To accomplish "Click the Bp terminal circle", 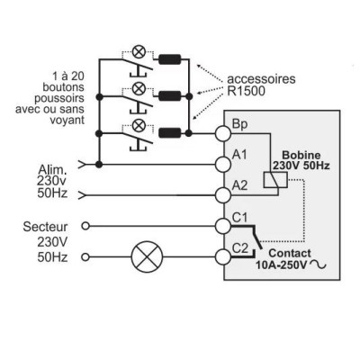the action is [223, 133].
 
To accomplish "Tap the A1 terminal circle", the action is [223, 165].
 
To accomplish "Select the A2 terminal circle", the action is [223, 195].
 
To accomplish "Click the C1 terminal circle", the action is [223, 226].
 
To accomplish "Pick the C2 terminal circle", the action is [223, 256].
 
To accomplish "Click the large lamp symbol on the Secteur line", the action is [147, 256].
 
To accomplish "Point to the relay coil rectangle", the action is [275, 180].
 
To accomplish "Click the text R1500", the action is [246, 91].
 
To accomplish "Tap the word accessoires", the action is [261, 79].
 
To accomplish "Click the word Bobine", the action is [301, 155].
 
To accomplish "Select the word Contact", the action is [290, 253].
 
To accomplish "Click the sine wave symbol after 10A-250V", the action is [318, 265].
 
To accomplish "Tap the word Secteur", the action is [45, 227].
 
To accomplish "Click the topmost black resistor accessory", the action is [169, 59].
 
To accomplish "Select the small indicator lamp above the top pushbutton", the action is [139, 51].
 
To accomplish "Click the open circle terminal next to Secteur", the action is [85, 226].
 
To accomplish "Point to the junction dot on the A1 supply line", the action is [99, 165].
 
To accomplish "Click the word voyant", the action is [67, 120].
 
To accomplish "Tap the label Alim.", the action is [51, 170].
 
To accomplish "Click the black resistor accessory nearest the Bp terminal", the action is [169, 133].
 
